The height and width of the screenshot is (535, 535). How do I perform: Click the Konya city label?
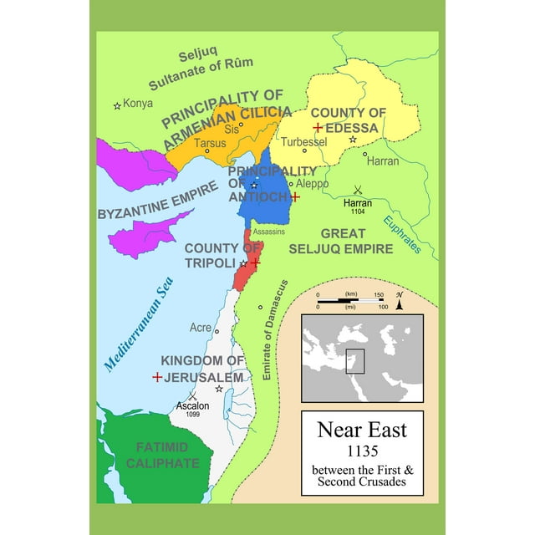(139, 104)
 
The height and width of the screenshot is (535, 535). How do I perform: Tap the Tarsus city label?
(210, 143)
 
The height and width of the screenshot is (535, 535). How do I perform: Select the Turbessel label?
(303, 142)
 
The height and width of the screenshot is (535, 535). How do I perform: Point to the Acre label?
(201, 328)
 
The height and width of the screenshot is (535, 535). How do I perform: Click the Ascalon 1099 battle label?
(192, 411)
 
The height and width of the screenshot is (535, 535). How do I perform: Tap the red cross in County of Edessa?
(318, 127)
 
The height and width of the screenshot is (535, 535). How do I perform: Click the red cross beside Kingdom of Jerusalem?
(157, 377)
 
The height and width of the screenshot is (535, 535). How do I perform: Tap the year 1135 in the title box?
(361, 454)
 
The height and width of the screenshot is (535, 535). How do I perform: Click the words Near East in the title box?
(361, 431)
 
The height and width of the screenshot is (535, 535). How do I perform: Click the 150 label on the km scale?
(379, 295)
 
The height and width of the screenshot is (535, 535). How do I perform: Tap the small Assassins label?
(269, 231)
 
